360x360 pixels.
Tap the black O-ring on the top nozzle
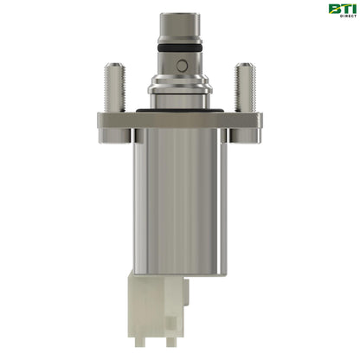click(x=179, y=50)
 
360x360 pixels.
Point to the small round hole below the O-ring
click(x=180, y=66)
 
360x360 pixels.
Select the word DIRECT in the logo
click(x=340, y=17)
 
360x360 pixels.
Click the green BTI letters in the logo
click(x=340, y=9)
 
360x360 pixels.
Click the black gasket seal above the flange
click(x=179, y=109)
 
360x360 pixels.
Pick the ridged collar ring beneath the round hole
click(x=179, y=87)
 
